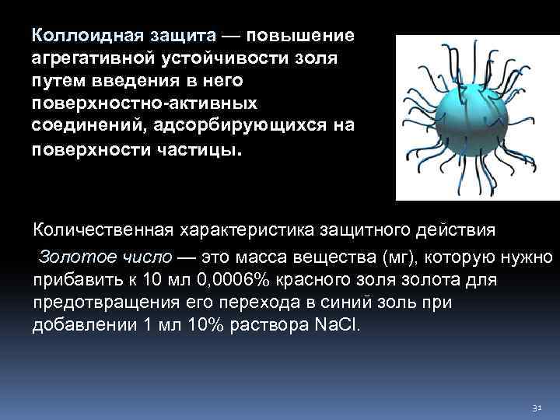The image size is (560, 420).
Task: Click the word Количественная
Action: [102, 232]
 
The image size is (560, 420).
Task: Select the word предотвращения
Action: [96, 302]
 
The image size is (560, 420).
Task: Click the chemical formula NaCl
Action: [338, 325]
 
